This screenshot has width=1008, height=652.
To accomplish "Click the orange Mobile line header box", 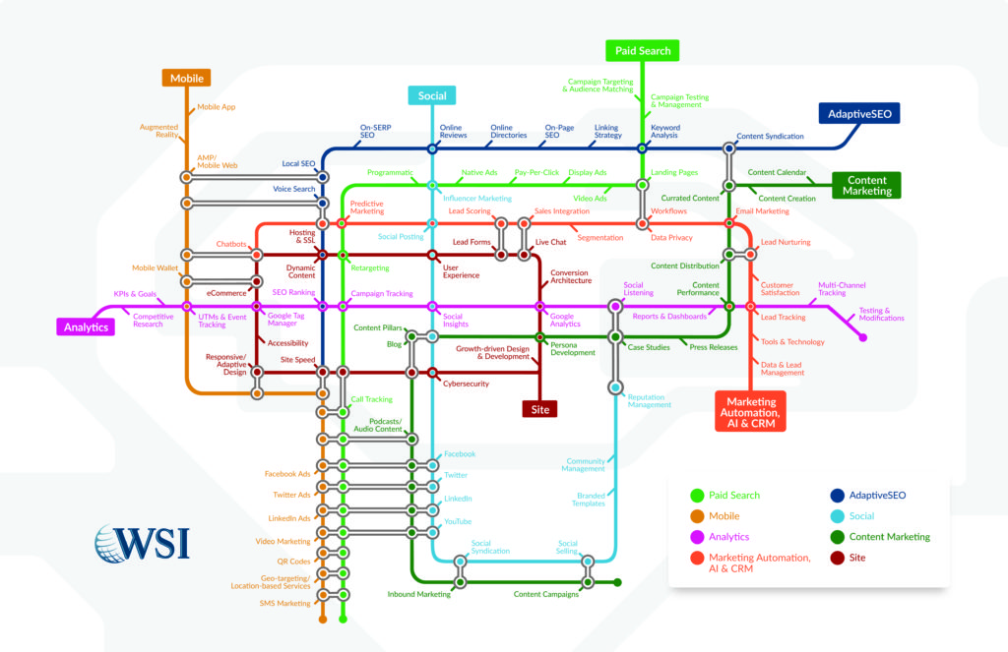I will [186, 78].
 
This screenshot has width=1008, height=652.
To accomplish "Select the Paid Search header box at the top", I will [642, 50].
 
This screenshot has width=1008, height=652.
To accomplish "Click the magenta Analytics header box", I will [86, 326].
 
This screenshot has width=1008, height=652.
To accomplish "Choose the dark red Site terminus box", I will [539, 408].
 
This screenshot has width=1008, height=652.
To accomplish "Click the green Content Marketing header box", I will [867, 185].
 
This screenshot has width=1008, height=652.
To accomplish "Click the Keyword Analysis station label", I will [664, 132].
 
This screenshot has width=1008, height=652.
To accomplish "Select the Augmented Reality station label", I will [159, 132].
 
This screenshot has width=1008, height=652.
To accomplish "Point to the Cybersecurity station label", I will [466, 384].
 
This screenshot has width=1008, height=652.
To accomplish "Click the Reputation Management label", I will [650, 400].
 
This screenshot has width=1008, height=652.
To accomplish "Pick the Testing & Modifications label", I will [881, 314].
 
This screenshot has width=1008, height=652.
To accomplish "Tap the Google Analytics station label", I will [565, 320].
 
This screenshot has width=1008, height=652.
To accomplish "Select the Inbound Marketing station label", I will [418, 594].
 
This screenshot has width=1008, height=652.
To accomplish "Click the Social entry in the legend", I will [861, 515].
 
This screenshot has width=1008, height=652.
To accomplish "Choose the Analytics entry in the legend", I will [728, 537].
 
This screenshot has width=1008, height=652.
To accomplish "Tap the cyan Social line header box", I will [431, 95].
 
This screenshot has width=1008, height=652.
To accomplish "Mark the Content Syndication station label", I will [770, 136].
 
